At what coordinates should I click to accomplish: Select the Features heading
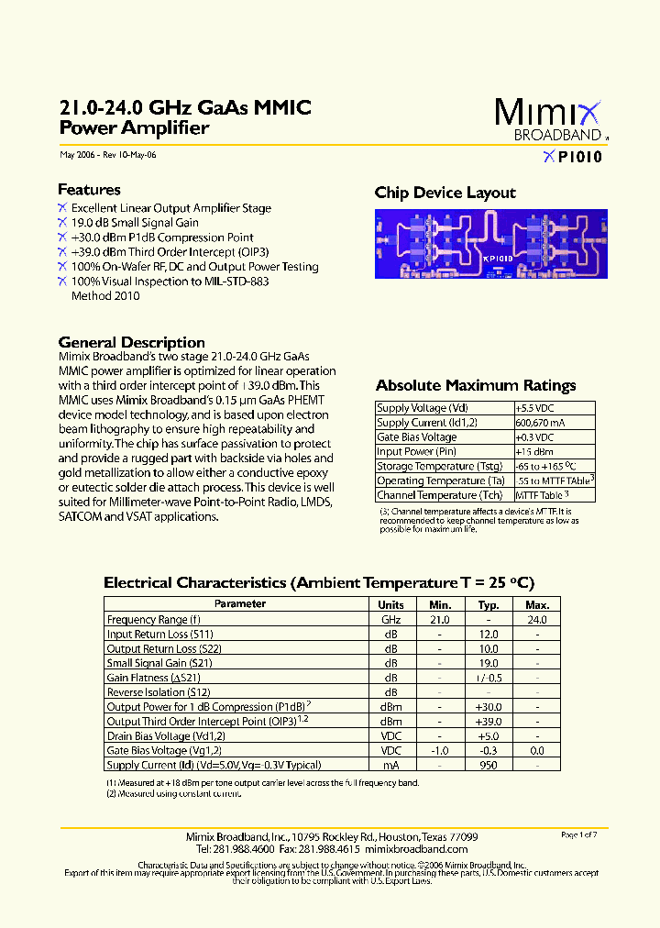point(89,190)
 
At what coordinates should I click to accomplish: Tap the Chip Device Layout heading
point(445,193)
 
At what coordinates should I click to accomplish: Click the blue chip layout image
point(489,245)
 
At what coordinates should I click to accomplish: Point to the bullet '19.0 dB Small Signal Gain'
point(135,223)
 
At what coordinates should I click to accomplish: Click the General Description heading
point(131,342)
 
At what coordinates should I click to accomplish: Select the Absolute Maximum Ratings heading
point(476,385)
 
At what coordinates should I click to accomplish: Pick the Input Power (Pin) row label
point(417,452)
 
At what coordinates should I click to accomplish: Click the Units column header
point(390,605)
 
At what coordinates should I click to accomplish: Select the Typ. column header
point(489,605)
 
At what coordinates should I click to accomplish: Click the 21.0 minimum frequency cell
point(440,620)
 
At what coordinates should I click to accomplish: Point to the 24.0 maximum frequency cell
point(537,620)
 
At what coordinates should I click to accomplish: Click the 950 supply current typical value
point(489,765)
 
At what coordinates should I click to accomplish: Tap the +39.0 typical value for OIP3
point(489,722)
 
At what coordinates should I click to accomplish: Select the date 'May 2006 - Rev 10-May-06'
point(107,155)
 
